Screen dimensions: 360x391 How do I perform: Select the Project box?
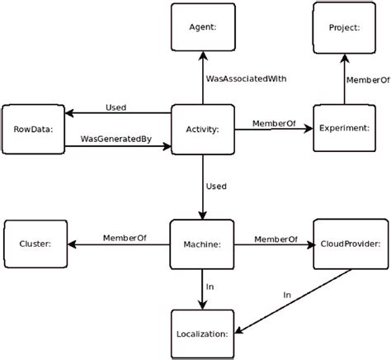click(x=342, y=27)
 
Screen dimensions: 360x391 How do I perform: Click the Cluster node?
click(x=34, y=244)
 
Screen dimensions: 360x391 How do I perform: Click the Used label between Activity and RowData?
click(x=116, y=107)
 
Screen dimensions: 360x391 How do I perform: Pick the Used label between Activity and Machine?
click(x=217, y=186)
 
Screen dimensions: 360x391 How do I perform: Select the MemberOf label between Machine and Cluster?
click(x=125, y=238)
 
